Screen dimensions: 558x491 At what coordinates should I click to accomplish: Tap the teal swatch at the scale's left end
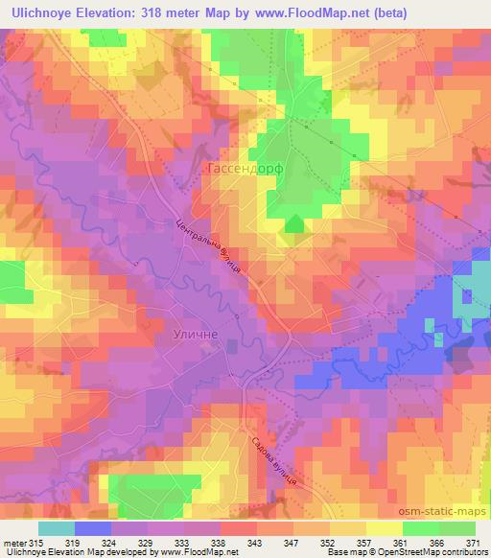[57, 528]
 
